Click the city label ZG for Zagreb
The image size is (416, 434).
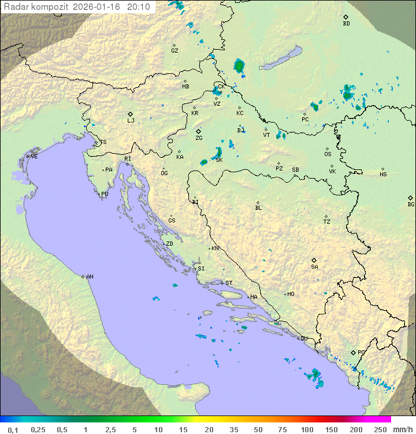point(199,139)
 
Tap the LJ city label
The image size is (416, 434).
point(131,121)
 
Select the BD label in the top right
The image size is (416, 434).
point(346,24)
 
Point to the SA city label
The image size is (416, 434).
point(314,267)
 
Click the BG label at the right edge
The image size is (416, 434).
point(411,205)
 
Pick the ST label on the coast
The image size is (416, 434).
point(229,283)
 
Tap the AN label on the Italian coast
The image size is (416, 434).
point(90,277)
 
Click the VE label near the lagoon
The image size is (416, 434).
point(34,157)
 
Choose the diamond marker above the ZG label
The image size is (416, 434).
point(198,131)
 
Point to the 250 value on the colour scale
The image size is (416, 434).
point(380,429)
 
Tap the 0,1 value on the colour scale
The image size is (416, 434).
point(13,429)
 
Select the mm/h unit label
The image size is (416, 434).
point(402,429)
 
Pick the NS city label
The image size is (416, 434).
point(383,175)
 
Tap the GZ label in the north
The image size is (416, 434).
point(174,51)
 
